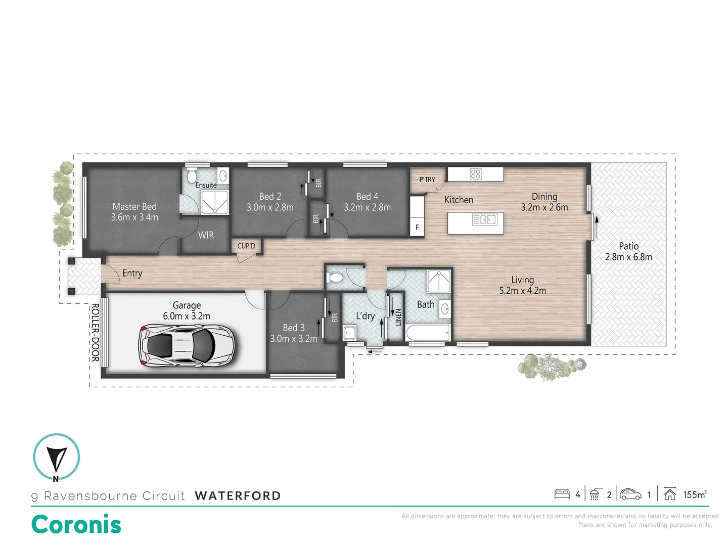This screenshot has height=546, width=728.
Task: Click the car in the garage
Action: [x=187, y=345]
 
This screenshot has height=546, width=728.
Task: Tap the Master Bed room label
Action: [x=134, y=207]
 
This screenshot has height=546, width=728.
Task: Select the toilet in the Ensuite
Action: [x=192, y=177]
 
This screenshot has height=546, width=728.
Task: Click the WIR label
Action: [x=206, y=235]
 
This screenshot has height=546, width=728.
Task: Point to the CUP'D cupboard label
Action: [x=246, y=246]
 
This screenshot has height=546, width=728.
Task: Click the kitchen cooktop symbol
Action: [x=475, y=174]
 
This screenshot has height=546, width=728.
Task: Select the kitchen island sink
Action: [x=484, y=219]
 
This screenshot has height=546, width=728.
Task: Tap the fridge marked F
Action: [x=417, y=227]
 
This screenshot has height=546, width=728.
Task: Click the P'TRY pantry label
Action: [x=427, y=179]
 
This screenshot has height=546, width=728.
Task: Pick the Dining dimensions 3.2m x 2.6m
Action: [x=544, y=207]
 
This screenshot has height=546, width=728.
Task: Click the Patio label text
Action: [x=628, y=246]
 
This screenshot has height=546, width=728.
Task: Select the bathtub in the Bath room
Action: [x=428, y=333]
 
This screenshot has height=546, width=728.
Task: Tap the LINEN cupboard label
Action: [x=398, y=317]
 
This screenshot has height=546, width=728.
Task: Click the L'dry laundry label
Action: [x=365, y=316]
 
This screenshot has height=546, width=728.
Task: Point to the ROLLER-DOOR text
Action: [x=95, y=332]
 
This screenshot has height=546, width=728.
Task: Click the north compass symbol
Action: [x=56, y=457]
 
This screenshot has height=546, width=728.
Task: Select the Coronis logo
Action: [x=76, y=524]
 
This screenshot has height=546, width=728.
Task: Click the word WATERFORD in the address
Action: [x=238, y=495]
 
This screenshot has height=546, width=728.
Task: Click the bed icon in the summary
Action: [x=562, y=494]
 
